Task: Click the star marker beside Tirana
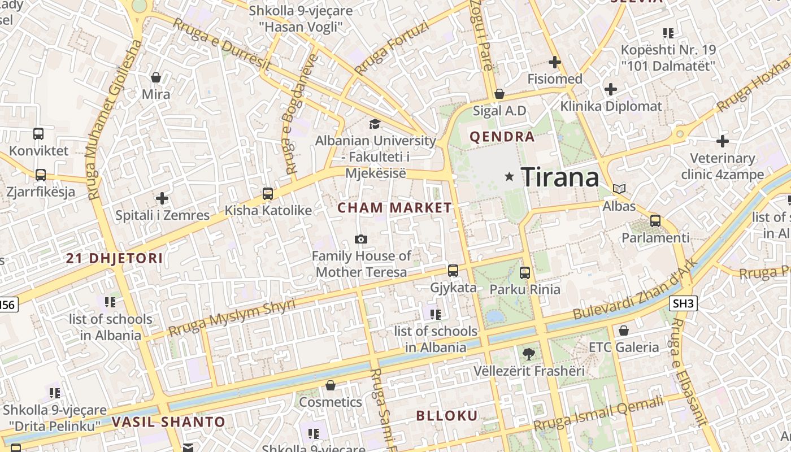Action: pos(510,177)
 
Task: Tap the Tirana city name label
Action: pos(559,177)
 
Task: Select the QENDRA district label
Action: pos(502,137)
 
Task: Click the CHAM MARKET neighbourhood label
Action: pos(395,208)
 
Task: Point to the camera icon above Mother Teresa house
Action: pos(361,240)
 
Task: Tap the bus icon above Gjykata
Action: pos(453,271)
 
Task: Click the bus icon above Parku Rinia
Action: pos(525,273)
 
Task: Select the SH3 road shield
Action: pos(683,303)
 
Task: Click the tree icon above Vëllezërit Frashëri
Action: pos(528,354)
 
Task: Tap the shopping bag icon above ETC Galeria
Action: pos(624,331)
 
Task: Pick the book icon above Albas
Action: pos(619,189)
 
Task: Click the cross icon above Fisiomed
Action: pos(554,62)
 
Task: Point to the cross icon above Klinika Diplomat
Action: pos(611,89)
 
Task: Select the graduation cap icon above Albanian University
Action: pos(375,124)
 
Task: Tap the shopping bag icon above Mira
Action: pos(156,77)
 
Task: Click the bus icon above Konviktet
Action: pos(38,134)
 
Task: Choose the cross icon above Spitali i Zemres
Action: pos(162,198)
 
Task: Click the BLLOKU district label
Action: pos(447,416)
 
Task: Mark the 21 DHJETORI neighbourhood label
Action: pos(115,259)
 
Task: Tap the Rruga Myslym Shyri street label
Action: pos(232,319)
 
